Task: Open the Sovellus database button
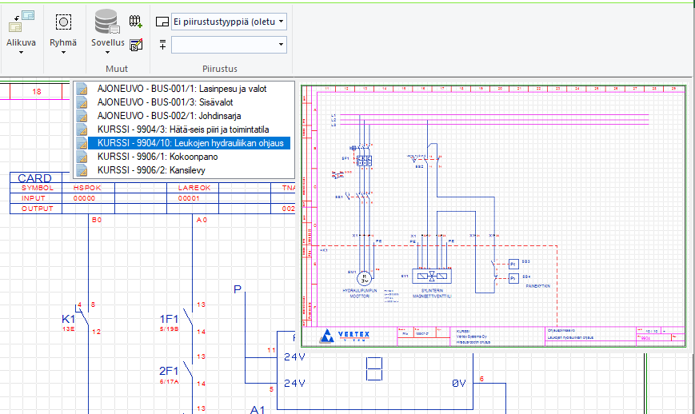pyautogui.click(x=107, y=28)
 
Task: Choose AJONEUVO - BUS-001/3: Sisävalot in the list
pyautogui.click(x=164, y=102)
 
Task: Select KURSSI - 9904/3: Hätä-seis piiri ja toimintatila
pyautogui.click(x=182, y=129)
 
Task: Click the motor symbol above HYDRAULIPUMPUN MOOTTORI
pyautogui.click(x=363, y=277)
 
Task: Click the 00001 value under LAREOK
pyautogui.click(x=188, y=198)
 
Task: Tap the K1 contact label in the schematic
pyautogui.click(x=69, y=320)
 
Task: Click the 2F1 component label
pyautogui.click(x=168, y=370)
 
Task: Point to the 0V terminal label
pyautogui.click(x=458, y=384)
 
